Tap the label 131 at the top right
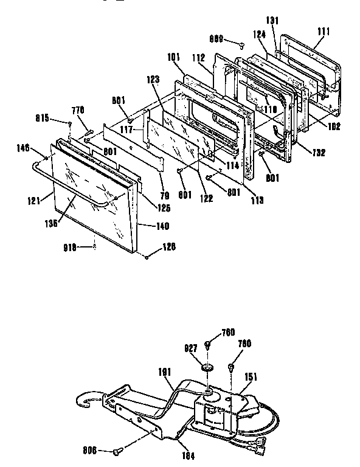pyautogui.click(x=272, y=20)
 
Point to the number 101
pyautogui.click(x=174, y=58)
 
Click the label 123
pyautogui.click(x=152, y=79)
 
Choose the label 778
pyautogui.click(x=78, y=110)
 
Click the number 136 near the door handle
pyautogui.click(x=50, y=224)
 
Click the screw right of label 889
pyautogui.click(x=242, y=43)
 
